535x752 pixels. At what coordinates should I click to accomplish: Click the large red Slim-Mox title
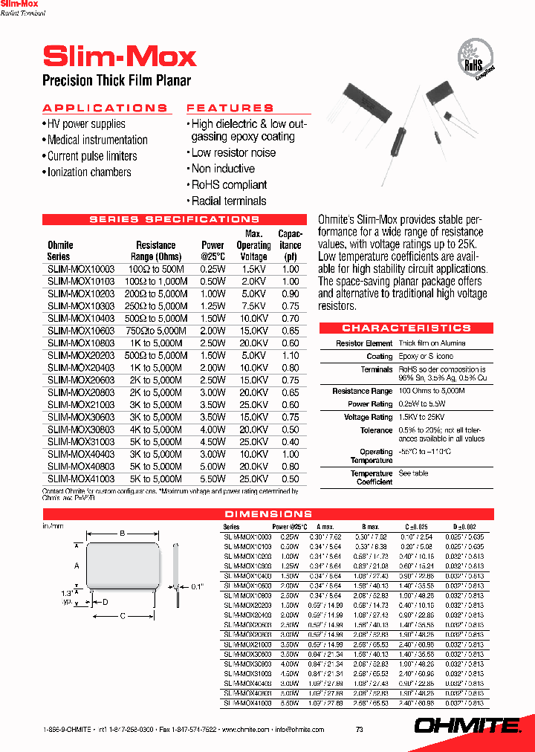pyautogui.click(x=120, y=56)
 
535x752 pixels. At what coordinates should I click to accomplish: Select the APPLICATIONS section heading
pyautogui.click(x=105, y=108)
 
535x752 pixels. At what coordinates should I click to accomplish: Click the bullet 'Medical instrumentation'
pyautogui.click(x=97, y=140)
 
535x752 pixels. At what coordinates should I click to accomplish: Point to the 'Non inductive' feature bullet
pyautogui.click(x=223, y=169)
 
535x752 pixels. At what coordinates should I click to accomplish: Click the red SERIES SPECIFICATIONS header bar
pyautogui.click(x=175, y=219)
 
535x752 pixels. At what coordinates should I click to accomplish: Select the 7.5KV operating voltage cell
pyautogui.click(x=253, y=306)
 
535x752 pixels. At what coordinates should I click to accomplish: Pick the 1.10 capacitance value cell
pyautogui.click(x=291, y=355)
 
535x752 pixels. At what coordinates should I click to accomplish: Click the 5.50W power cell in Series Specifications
pyautogui.click(x=213, y=479)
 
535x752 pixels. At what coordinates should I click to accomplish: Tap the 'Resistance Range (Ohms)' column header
pyautogui.click(x=156, y=250)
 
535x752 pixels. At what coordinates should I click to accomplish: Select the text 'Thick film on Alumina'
pyautogui.click(x=432, y=343)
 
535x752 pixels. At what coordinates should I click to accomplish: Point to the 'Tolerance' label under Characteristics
pyautogui.click(x=377, y=430)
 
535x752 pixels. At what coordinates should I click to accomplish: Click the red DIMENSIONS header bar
pyautogui.click(x=268, y=513)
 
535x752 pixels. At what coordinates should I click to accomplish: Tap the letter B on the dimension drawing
pyautogui.click(x=123, y=532)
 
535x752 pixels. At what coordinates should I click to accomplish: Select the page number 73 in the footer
pyautogui.click(x=360, y=730)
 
